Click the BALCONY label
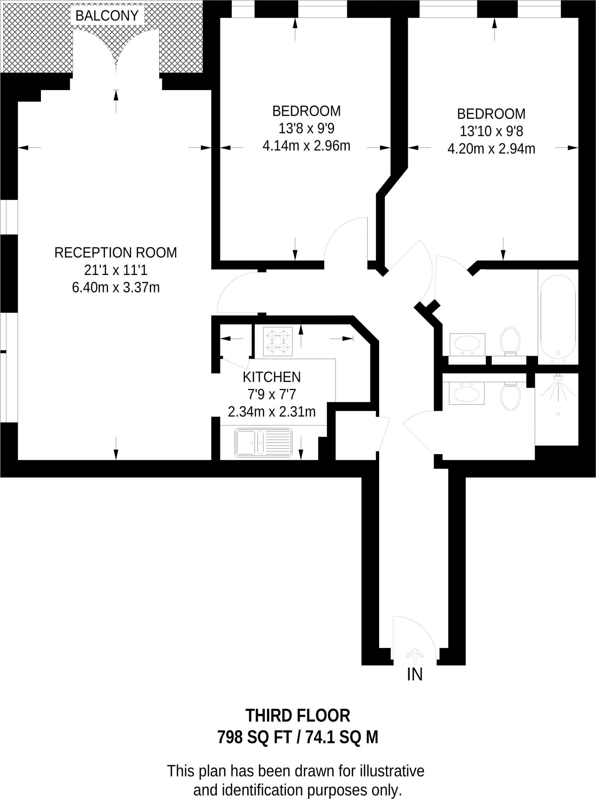(x=107, y=16)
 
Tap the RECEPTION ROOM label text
(x=115, y=253)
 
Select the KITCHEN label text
(x=271, y=377)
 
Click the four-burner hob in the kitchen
(x=278, y=341)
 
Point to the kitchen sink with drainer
(x=263, y=443)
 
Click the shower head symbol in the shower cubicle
(x=559, y=378)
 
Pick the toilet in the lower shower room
(x=510, y=396)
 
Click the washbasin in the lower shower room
(x=467, y=393)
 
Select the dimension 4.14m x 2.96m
(x=306, y=146)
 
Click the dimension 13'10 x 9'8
(x=491, y=131)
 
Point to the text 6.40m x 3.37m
(x=115, y=288)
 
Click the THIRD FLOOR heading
(x=298, y=716)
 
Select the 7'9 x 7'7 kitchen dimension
(x=271, y=394)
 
